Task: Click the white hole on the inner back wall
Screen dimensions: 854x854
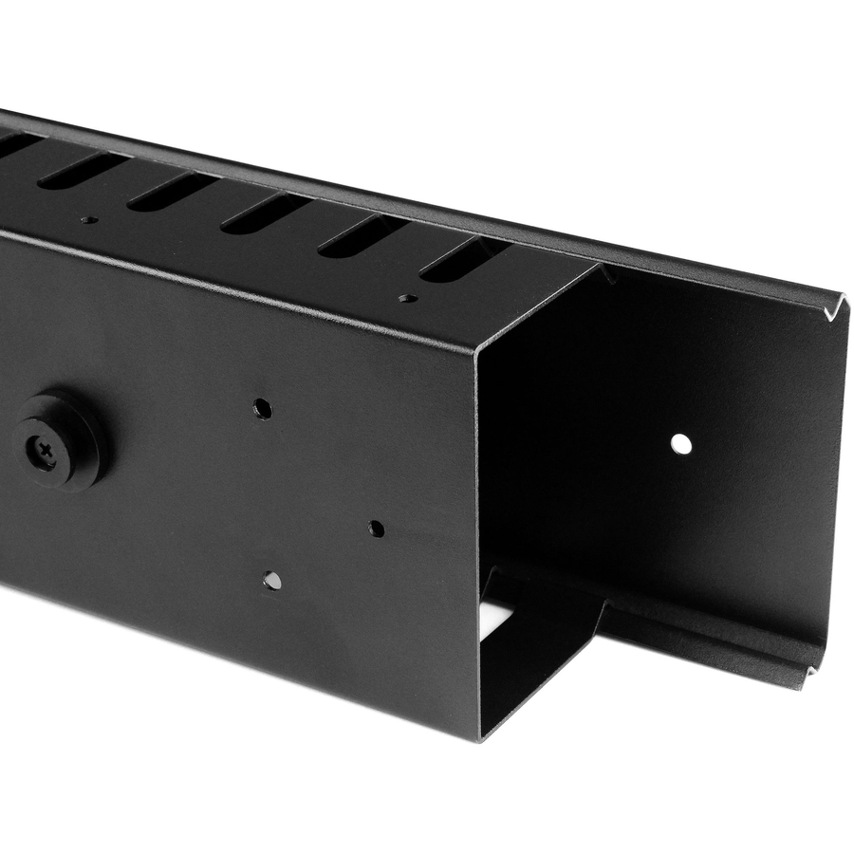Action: coord(680,443)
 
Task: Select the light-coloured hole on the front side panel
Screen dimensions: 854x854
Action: coord(272,580)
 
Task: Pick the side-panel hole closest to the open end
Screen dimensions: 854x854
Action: coord(377,529)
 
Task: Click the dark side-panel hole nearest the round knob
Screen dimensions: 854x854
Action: coord(263,409)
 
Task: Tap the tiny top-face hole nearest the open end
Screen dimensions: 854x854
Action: coord(408,298)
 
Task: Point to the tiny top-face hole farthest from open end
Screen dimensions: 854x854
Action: coord(88,220)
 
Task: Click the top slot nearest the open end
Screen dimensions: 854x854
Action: coord(464,258)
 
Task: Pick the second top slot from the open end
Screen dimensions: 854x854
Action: coord(362,235)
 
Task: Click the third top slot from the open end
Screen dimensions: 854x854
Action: coord(266,213)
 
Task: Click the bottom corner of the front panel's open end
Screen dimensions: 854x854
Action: coord(481,736)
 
